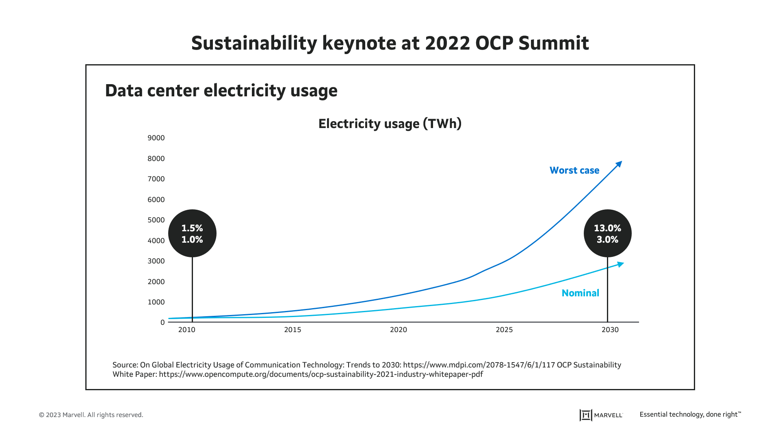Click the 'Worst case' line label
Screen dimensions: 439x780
point(574,170)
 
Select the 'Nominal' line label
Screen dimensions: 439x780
point(580,293)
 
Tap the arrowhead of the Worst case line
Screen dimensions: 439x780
point(619,164)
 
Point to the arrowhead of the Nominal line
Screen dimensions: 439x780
point(621,264)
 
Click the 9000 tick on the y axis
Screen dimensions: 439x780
point(156,138)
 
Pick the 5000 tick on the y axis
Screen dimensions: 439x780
point(156,220)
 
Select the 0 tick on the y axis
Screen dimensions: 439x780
point(162,322)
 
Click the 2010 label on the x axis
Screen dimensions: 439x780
point(186,330)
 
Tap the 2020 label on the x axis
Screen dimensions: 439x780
point(398,330)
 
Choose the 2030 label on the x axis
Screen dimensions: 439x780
point(610,330)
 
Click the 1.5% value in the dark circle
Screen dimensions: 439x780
point(192,228)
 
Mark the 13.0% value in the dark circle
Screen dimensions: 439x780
point(607,228)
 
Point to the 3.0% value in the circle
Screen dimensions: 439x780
point(607,239)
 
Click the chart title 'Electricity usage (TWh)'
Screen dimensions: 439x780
point(390,124)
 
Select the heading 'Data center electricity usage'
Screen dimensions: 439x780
point(221,90)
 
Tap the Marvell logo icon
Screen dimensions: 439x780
point(585,415)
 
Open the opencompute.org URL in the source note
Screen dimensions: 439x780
point(321,374)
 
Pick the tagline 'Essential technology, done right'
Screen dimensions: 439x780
point(690,414)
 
